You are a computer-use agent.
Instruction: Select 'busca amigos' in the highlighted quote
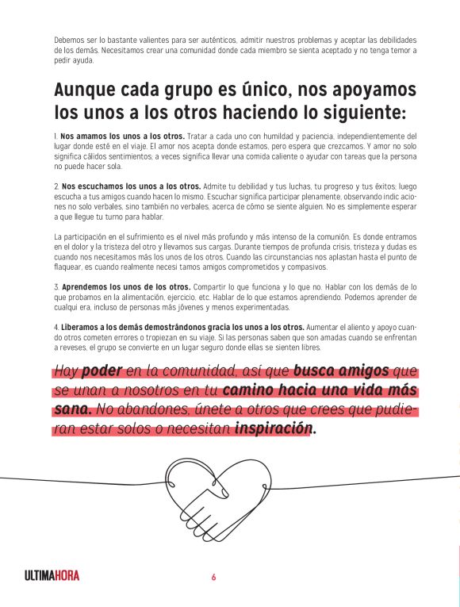coord(341,371)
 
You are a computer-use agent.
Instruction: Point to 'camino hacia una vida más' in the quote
coord(320,390)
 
